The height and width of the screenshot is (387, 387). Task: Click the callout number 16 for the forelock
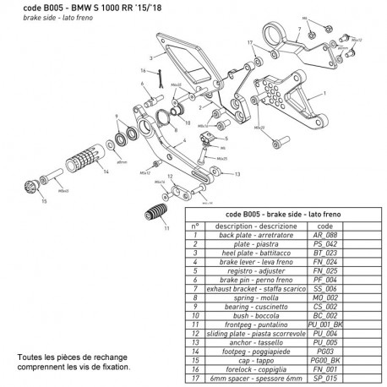point(143,71)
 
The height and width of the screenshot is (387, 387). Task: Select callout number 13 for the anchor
point(237,175)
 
